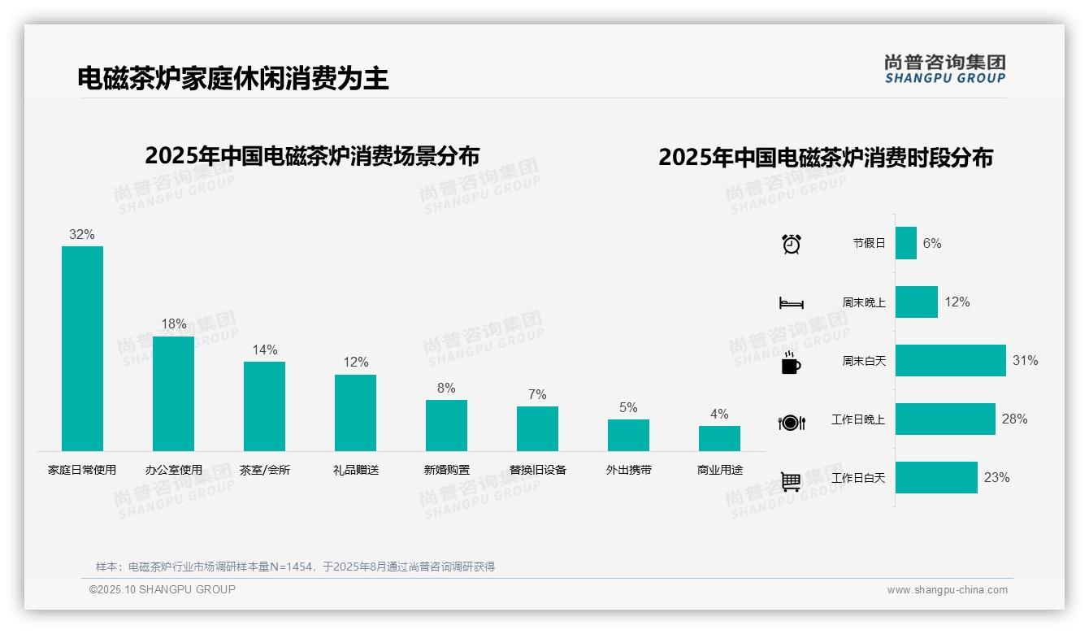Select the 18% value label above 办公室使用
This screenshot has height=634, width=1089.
pos(173,324)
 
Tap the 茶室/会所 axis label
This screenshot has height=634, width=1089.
pos(264,470)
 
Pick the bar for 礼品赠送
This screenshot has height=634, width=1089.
pos(355,412)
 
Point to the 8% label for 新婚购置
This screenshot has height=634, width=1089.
pos(446,388)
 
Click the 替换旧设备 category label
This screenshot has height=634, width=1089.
pos(537,470)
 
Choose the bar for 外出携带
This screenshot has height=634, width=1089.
pos(628,435)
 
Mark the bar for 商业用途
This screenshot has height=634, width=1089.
pos(719,438)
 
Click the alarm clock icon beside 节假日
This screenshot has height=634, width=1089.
pos(791,243)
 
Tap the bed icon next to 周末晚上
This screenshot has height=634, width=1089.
pos(791,302)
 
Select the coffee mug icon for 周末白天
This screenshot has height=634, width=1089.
pos(791,362)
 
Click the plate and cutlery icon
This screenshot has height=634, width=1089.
pos(791,422)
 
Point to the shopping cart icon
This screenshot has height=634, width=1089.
pos(791,481)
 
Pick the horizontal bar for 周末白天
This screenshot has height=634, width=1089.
pos(950,360)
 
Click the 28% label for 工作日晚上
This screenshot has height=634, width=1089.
pos(1014,419)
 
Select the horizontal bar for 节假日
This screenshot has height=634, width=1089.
pos(905,243)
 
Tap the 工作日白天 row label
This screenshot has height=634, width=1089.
pos(857,478)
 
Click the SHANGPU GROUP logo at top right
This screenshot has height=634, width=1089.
pos(944,68)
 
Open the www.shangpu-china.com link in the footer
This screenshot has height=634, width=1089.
pos(947,590)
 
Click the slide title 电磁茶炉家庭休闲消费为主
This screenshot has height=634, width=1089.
pos(233,78)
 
